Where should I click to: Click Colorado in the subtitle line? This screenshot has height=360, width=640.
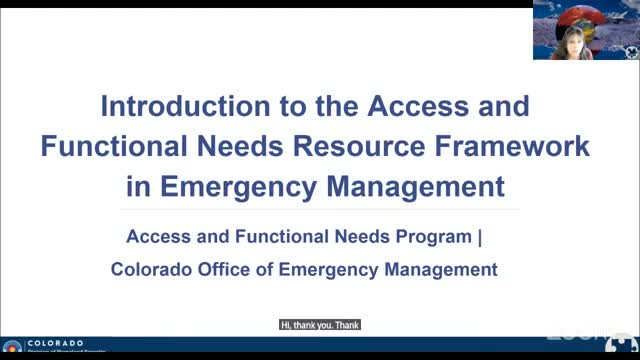pos(147,268)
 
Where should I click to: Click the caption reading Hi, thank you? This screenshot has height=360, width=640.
pos(319,324)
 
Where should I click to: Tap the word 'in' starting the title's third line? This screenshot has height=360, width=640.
pos(140,186)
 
